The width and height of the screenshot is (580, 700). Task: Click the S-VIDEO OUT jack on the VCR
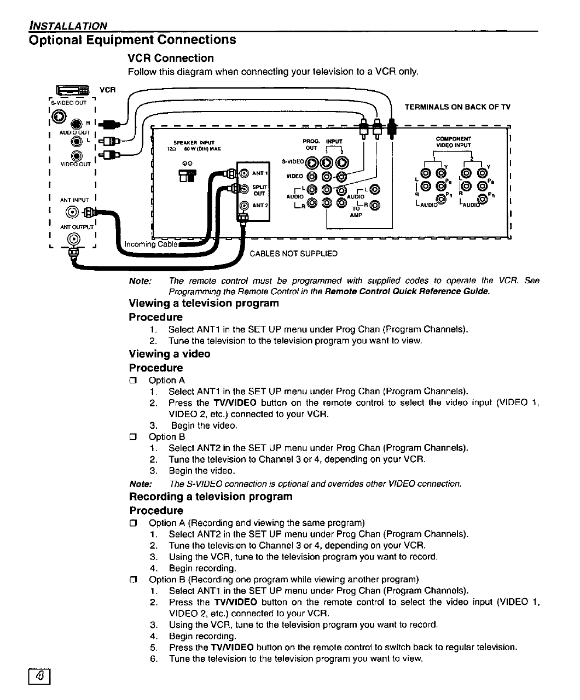coord(60,116)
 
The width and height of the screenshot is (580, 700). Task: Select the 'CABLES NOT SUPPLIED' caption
coord(293,254)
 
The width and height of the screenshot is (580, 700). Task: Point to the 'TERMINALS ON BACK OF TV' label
coord(457,107)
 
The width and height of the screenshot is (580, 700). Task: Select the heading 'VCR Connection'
coord(171,58)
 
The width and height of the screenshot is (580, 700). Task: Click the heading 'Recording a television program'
coord(211,497)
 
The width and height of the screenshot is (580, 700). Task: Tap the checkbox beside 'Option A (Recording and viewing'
coord(132,523)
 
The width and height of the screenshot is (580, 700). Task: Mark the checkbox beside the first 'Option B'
coord(132,437)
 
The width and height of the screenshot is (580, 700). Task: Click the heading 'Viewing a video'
coord(170,354)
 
